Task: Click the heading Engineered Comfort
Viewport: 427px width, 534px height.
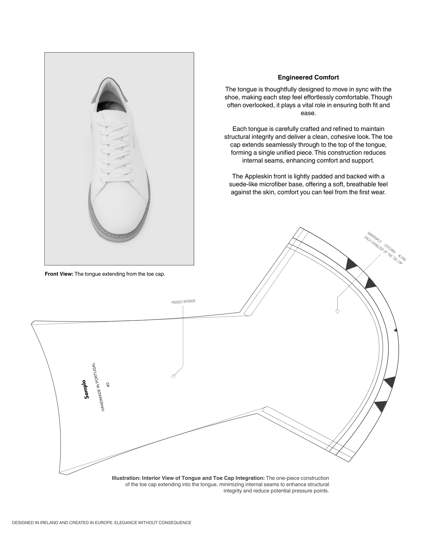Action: pos(308,78)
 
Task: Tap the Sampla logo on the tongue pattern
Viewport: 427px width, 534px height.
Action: pos(85,389)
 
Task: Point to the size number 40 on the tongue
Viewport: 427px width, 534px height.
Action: pos(108,384)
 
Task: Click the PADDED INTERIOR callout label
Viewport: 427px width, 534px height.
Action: pos(183,302)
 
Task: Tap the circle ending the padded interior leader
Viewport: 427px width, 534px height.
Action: pos(173,376)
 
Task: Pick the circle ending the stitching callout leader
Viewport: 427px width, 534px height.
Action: pos(337,311)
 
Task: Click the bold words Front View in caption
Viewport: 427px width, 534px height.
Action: pos(59,274)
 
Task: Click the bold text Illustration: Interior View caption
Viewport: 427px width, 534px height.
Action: pos(188,478)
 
